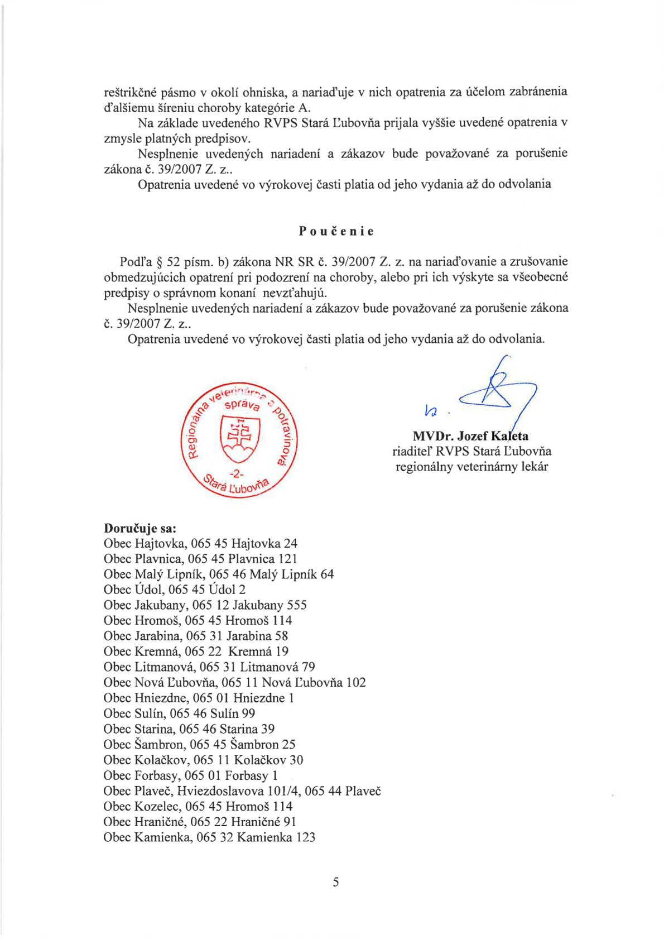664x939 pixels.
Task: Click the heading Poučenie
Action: pyautogui.click(x=336, y=231)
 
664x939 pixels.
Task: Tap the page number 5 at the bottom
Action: pyautogui.click(x=335, y=882)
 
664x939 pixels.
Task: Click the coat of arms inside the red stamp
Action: pyautogui.click(x=240, y=438)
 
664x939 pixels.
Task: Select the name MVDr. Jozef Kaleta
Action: pyautogui.click(x=470, y=436)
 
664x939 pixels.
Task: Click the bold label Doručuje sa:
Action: pyautogui.click(x=140, y=528)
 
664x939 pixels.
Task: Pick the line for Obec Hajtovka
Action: pyautogui.click(x=200, y=543)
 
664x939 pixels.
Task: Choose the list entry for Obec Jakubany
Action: pyautogui.click(x=205, y=605)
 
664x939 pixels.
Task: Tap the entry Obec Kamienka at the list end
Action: pyautogui.click(x=209, y=837)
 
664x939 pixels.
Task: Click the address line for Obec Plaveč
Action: pyautogui.click(x=242, y=791)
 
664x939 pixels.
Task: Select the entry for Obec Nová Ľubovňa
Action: pyautogui.click(x=234, y=682)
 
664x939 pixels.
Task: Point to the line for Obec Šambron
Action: pyautogui.click(x=199, y=744)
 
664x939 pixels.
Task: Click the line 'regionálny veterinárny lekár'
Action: pyautogui.click(x=471, y=467)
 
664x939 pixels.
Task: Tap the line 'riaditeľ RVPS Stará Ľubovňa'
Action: pyautogui.click(x=471, y=451)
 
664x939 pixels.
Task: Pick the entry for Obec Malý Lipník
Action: pyautogui.click(x=219, y=574)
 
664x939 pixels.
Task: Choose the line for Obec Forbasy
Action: pyautogui.click(x=190, y=775)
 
